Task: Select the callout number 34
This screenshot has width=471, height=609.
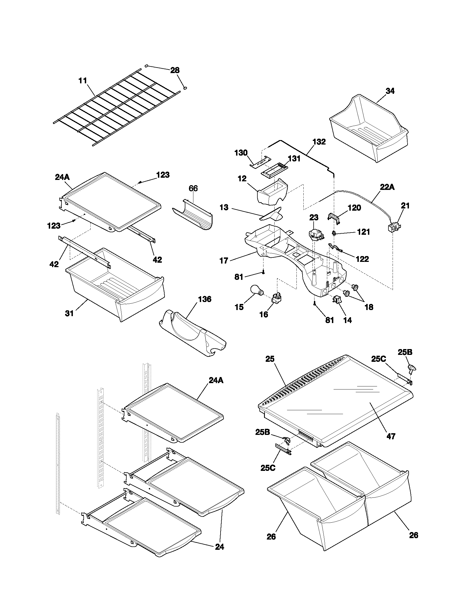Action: pos(390,91)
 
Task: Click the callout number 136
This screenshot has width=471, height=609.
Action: pos(204,299)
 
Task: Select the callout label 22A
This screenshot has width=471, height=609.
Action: pos(387,187)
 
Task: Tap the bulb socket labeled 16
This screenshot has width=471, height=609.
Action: pos(277,299)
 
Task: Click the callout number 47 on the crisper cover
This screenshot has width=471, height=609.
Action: pos(391,436)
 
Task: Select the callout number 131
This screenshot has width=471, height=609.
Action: pos(294,159)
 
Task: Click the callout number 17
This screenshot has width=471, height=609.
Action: pos(224,261)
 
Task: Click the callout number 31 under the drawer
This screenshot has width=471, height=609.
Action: pos(69,313)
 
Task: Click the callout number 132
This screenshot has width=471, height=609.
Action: pos(319,142)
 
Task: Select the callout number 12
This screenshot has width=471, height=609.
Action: pos(242,179)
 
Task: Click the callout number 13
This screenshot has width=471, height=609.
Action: pos(224,207)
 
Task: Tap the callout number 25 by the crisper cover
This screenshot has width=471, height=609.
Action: pos(270,359)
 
